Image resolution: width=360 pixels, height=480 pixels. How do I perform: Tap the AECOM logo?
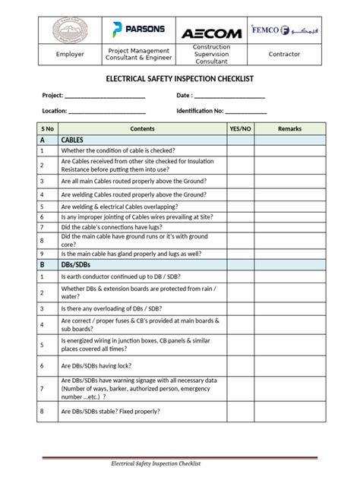(211, 33)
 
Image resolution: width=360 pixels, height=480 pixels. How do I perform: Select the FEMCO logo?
(284, 31)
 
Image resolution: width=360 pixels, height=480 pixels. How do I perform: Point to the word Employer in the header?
(70, 54)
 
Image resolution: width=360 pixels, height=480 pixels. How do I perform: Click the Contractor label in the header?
(284, 54)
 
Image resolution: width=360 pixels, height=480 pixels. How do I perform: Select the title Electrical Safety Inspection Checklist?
(179, 78)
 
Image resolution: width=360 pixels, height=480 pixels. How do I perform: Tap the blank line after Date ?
(231, 97)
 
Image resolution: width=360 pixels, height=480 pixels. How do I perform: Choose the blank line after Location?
(107, 112)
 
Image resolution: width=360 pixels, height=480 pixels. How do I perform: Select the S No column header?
(47, 129)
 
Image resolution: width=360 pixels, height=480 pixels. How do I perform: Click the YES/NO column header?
(240, 129)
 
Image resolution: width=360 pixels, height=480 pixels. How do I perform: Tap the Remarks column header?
(289, 129)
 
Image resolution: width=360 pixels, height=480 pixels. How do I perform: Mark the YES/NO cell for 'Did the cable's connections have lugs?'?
(240, 227)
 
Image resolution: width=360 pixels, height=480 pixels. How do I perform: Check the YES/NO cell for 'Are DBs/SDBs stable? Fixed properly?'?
(240, 412)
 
